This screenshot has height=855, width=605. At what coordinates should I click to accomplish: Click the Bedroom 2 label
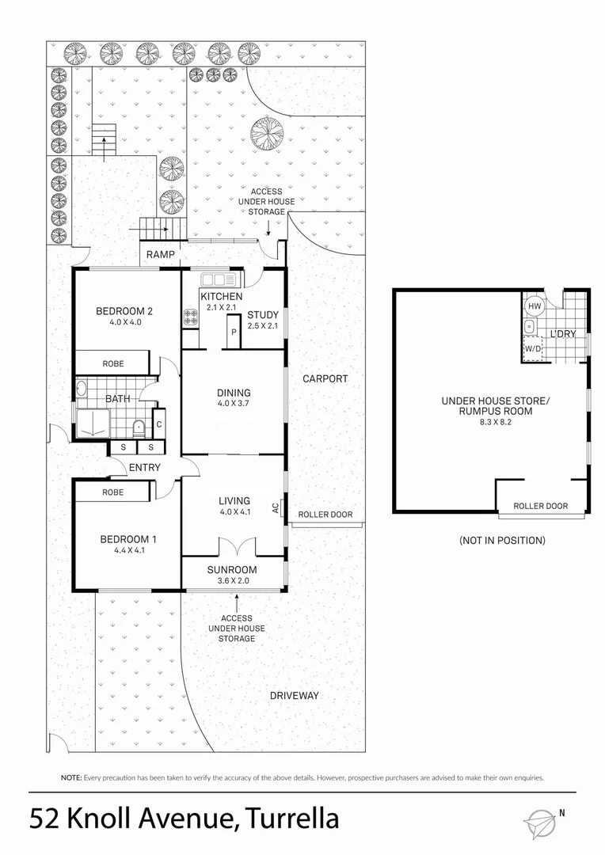click(x=124, y=311)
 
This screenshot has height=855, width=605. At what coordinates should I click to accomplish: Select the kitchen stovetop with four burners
click(x=190, y=317)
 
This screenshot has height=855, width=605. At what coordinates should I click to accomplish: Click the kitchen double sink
click(x=215, y=279)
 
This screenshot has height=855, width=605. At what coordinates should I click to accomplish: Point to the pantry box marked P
click(x=234, y=332)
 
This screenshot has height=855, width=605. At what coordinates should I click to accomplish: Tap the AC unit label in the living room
click(x=276, y=508)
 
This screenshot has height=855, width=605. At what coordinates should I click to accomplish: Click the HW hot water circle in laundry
click(x=534, y=306)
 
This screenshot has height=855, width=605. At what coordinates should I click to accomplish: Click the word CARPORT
click(x=325, y=379)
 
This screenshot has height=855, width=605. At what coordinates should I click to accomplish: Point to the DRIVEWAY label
click(x=294, y=696)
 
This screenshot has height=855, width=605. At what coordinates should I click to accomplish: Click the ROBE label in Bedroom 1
click(x=112, y=492)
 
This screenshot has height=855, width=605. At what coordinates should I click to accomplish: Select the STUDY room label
click(x=263, y=314)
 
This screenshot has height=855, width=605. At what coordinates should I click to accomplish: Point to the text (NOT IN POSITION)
click(x=502, y=541)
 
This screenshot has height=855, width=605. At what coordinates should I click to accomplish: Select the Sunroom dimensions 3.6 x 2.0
click(x=232, y=581)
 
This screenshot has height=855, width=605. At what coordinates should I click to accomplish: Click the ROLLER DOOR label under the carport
click(x=325, y=515)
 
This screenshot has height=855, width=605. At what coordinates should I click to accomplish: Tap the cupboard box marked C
click(x=159, y=424)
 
